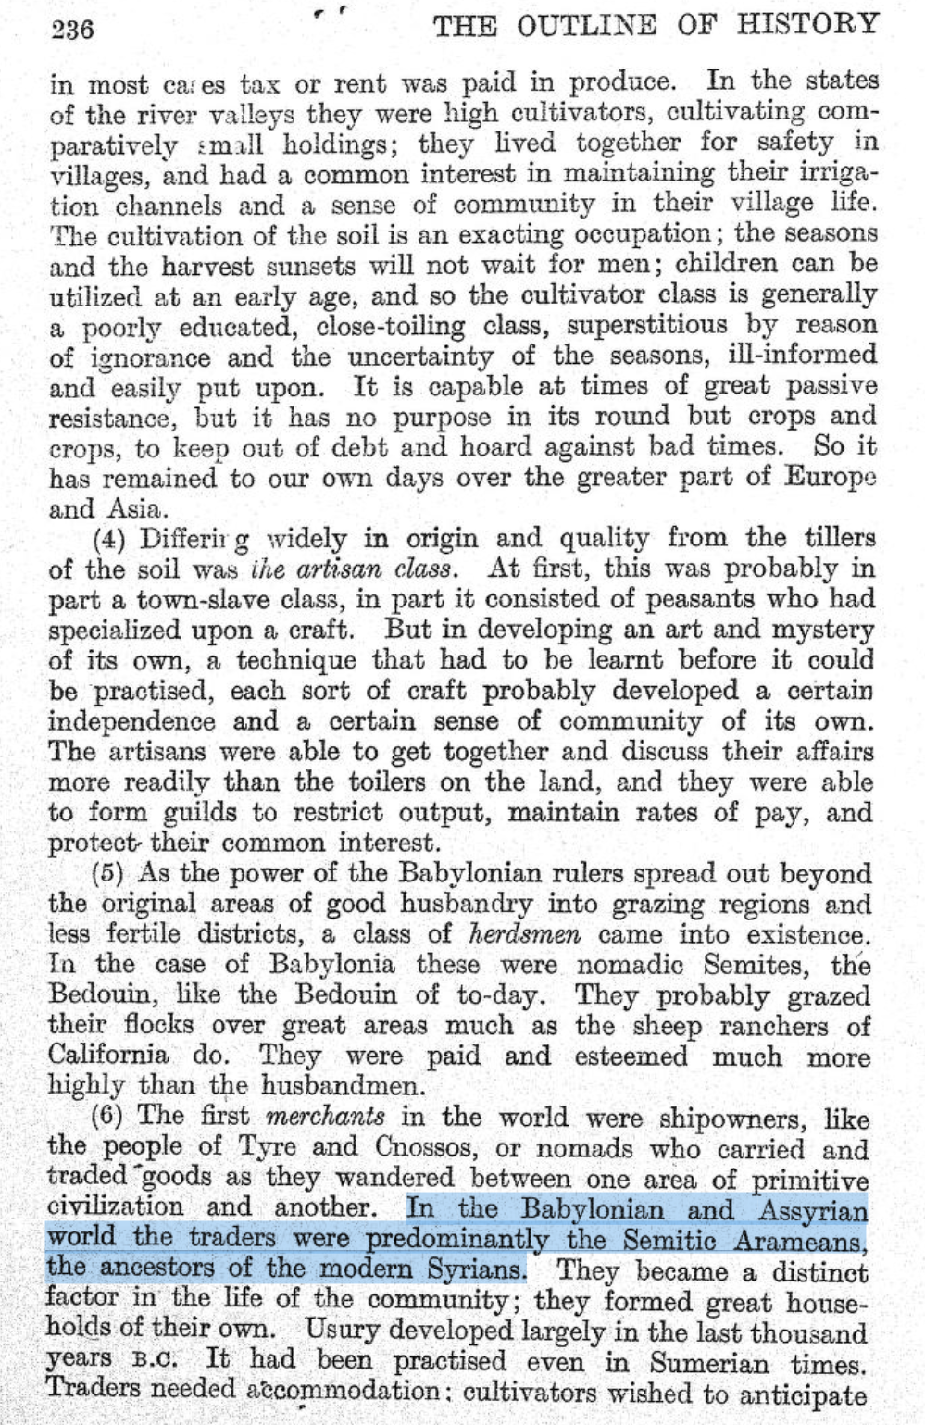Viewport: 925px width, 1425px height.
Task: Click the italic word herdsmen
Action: (x=525, y=933)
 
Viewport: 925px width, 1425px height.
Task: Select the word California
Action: (x=108, y=1056)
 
